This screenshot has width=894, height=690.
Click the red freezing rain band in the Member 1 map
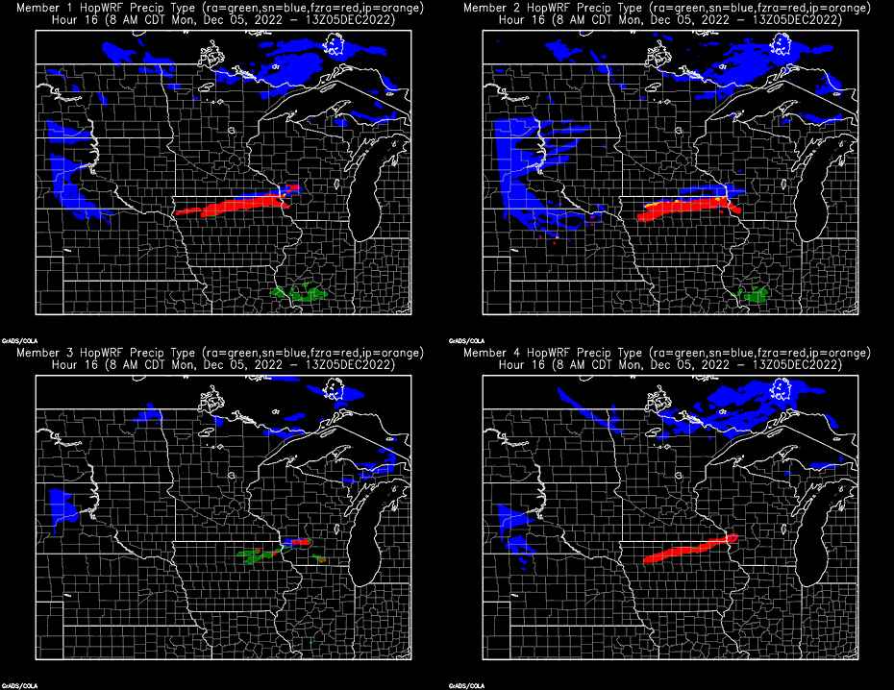240,206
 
